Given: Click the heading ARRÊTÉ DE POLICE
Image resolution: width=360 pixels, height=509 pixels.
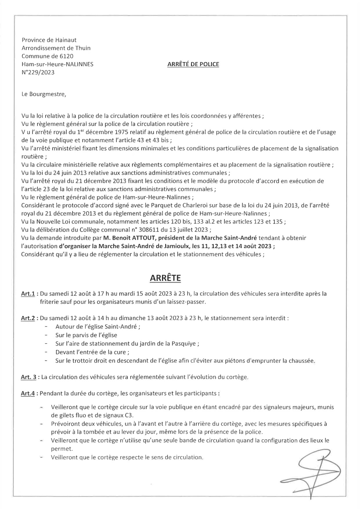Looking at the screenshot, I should tap(193, 64).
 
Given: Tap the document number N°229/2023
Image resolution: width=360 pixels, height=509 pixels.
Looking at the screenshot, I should tap(38, 72).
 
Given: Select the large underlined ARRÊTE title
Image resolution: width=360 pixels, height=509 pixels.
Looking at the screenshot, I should tap(165, 278).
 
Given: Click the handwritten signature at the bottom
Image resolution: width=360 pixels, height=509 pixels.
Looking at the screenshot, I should tap(309, 471).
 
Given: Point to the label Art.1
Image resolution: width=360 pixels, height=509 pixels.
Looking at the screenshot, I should tap(28, 294).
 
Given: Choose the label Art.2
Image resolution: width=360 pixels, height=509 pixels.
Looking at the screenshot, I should tap(28, 318).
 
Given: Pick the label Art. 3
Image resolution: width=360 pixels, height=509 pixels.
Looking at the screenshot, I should tap(29, 377).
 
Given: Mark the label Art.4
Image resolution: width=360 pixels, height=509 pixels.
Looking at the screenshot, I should tap(28, 393).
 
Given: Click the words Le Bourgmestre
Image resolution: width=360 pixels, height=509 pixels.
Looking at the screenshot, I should tap(43, 94).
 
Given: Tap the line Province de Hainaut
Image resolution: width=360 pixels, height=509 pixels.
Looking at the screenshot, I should tap(49, 40).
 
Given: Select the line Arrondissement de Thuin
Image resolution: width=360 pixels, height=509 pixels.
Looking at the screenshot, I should tap(56, 48).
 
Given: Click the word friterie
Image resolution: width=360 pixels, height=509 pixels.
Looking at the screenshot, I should tap(50, 302).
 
